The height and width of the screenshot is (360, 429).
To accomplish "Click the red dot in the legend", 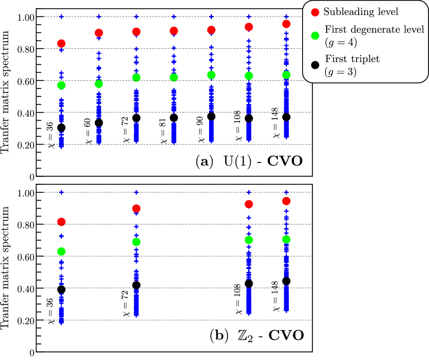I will tap(315, 12).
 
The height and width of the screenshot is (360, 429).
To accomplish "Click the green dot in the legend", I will tap(315, 35).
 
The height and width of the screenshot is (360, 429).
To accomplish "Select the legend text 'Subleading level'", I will tap(361, 12).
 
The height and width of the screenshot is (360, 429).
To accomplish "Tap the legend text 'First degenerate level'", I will tap(374, 29).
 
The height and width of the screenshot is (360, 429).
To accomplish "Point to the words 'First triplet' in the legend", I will tap(352, 59).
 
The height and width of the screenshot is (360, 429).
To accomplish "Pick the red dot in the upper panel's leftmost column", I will tap(61, 44).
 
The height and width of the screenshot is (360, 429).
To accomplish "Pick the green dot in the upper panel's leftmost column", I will tap(61, 85).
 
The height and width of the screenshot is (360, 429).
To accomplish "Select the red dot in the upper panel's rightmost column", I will tap(286, 24).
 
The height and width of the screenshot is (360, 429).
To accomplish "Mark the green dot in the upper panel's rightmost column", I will tap(286, 75).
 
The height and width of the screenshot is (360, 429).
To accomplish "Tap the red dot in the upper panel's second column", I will tap(99, 33).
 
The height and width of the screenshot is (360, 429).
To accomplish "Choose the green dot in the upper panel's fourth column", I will tap(173, 77).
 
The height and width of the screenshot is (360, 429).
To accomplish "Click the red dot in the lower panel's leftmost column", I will tap(61, 222).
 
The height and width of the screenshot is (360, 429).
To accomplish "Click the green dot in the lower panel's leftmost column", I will tap(61, 251).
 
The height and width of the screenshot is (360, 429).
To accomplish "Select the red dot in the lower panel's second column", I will tap(136, 208).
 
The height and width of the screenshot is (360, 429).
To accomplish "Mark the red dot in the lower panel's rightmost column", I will tap(286, 201).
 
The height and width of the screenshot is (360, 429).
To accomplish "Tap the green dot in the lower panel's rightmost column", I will tap(286, 239).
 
